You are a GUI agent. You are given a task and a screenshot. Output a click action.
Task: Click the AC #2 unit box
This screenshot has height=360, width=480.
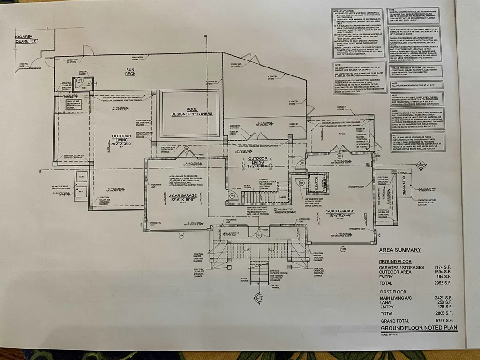tap(81, 177)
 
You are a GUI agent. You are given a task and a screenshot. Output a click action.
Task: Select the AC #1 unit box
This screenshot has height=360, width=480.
tap(81, 191)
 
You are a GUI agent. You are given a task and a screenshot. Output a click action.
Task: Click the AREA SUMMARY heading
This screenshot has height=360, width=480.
tap(400, 250)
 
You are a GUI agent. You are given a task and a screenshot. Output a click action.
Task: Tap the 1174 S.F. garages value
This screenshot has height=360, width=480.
tap(443, 267)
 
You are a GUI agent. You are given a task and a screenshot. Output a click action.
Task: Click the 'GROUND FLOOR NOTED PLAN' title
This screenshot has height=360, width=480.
tap(419, 328)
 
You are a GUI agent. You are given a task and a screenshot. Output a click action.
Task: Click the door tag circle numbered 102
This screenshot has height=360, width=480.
tap(356, 249)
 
